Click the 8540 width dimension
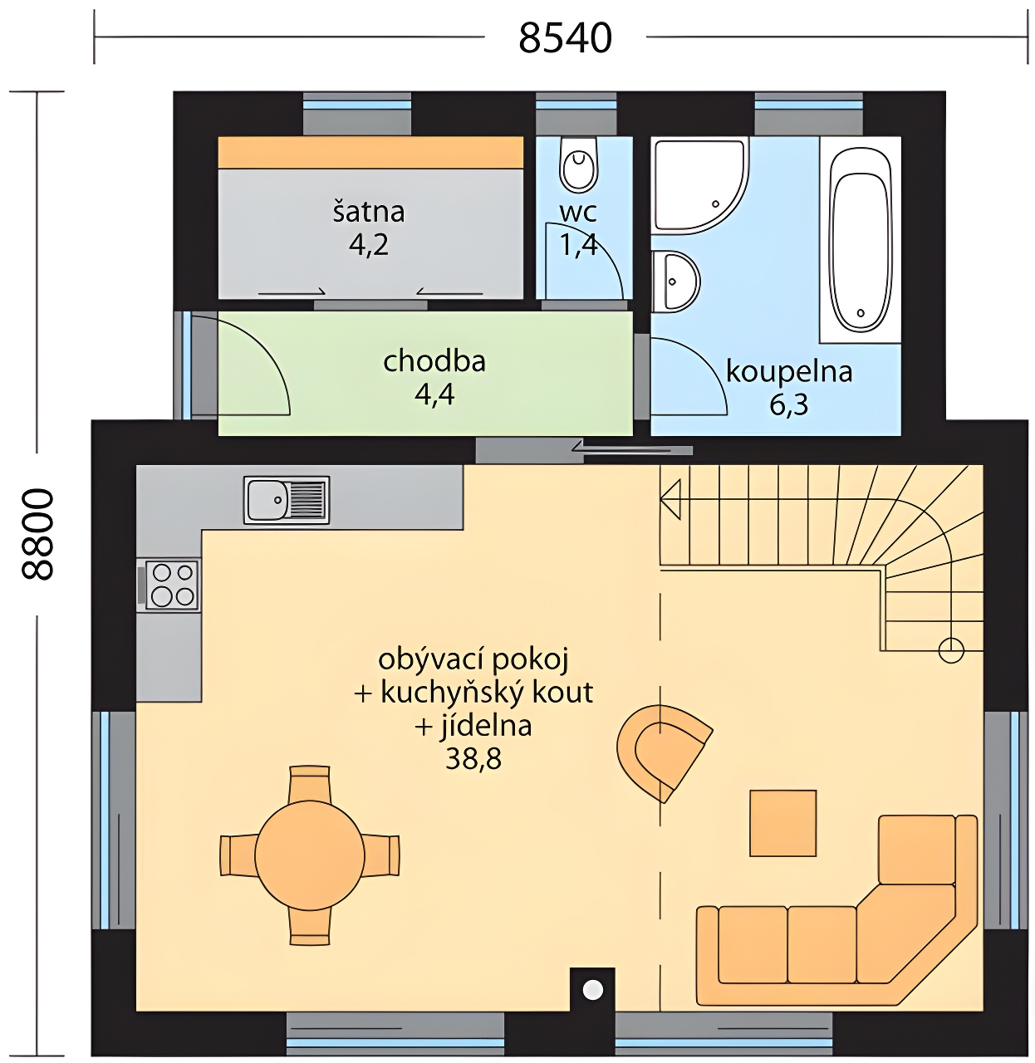(565, 37)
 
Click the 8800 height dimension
(37, 534)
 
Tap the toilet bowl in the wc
(579, 164)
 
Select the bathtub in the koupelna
(860, 240)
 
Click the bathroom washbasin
(675, 282)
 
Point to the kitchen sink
(287, 500)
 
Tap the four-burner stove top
(169, 584)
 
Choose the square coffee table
(782, 823)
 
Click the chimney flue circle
(592, 989)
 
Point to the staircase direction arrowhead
(670, 499)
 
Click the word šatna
(369, 212)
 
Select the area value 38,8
(473, 759)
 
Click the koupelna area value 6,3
(789, 404)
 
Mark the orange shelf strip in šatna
(370, 153)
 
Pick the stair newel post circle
(951, 650)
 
